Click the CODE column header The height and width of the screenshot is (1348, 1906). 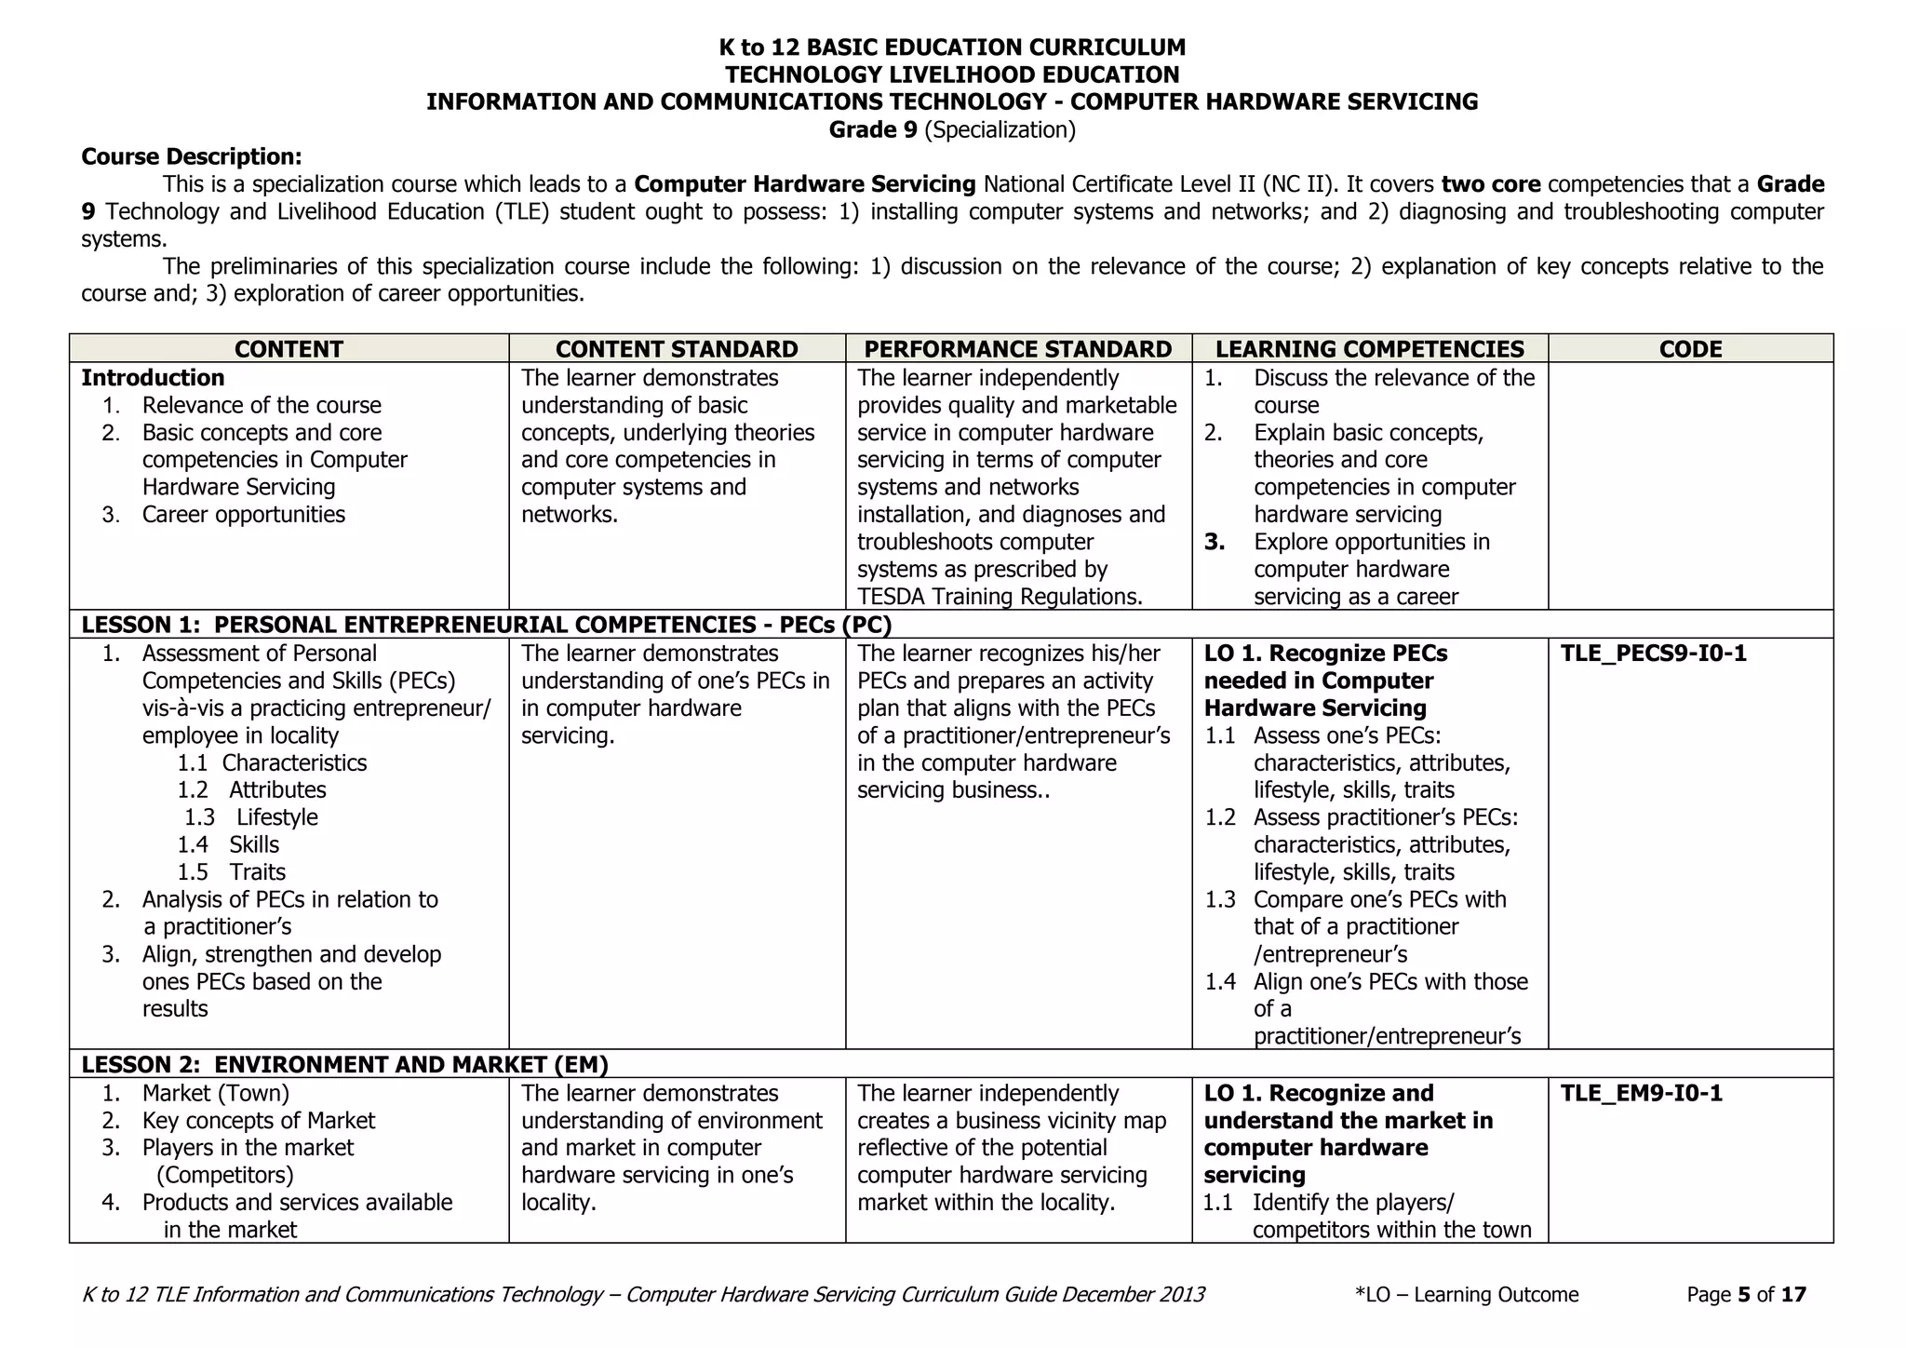1690,349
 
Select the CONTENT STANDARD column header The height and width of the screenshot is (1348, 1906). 677,349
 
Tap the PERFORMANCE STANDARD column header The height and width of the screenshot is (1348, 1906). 1017,349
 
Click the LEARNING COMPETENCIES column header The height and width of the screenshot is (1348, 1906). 1369,349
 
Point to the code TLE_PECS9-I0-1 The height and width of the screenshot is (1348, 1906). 1653,654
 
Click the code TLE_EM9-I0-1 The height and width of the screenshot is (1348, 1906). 1641,1093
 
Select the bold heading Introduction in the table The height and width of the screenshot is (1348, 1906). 153,378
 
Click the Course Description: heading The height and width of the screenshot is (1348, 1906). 191,156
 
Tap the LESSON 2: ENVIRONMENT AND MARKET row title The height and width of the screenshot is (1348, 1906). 344,1064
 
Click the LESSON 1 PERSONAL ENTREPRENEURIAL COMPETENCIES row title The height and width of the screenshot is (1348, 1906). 486,625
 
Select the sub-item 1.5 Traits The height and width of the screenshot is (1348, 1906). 233,872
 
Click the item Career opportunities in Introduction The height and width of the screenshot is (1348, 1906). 243,515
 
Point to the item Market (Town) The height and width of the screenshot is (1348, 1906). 215,1093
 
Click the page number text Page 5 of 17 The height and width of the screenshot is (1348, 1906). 1745,1294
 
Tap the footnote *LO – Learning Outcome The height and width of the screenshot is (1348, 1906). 1467,1294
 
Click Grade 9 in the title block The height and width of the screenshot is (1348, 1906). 951,129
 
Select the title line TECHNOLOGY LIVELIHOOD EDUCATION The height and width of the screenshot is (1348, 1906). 951,74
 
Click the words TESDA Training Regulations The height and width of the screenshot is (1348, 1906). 999,597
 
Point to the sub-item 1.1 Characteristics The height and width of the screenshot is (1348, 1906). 273,762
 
